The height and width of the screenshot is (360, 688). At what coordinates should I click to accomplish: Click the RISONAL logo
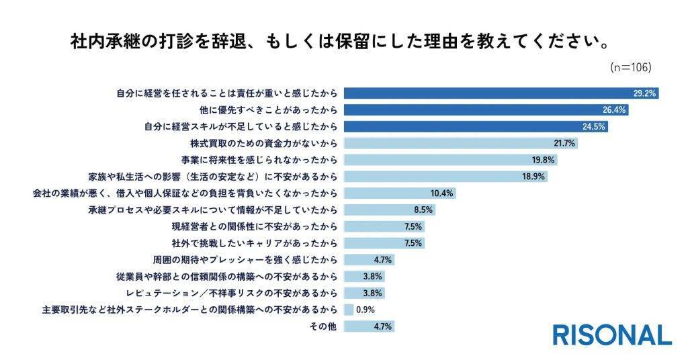tap(611, 334)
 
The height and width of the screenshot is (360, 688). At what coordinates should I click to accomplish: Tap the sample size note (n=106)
tap(631, 67)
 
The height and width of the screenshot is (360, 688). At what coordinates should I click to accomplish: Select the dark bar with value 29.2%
tap(501, 93)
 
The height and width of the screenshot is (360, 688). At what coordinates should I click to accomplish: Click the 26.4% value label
tap(615, 109)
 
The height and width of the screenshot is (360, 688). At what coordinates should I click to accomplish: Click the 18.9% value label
tap(535, 177)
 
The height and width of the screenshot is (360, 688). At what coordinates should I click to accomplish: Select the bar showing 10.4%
tap(400, 193)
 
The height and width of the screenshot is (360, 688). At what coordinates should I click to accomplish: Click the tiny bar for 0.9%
tap(349, 310)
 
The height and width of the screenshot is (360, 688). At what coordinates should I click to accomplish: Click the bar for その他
tap(369, 326)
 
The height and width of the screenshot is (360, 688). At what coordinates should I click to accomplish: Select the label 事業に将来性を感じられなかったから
tap(258, 160)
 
